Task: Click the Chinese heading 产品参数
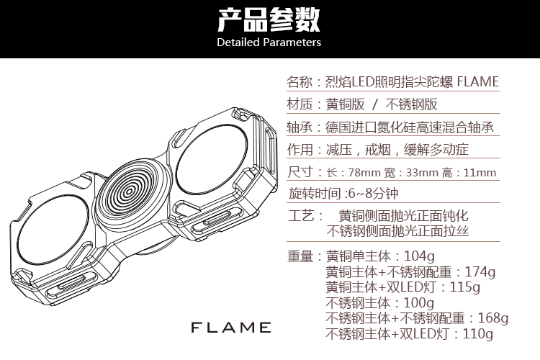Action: click(x=269, y=19)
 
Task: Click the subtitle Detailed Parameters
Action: click(x=269, y=42)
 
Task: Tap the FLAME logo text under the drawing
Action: click(x=230, y=328)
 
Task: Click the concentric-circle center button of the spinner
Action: click(x=131, y=192)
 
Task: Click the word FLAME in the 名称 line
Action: click(x=477, y=81)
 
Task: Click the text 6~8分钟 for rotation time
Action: click(x=371, y=193)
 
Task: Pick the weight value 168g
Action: click(x=493, y=318)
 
